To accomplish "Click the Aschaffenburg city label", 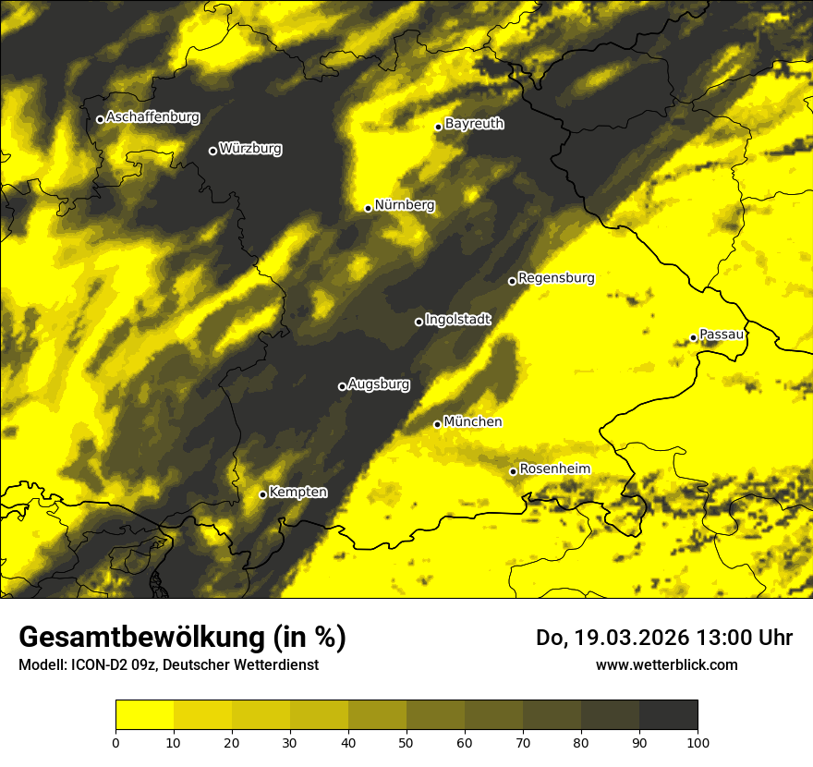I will (152, 117).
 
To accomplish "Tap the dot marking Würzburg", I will (212, 151).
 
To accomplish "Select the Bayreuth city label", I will (474, 124).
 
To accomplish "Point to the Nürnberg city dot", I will (368, 208).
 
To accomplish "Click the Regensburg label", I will (556, 278).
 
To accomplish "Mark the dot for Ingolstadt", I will (419, 322).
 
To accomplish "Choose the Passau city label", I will (722, 335).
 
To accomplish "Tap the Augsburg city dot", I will (342, 386).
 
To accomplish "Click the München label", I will (473, 422).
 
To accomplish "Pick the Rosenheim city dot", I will (513, 471).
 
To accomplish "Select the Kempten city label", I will (297, 493).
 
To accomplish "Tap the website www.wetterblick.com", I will (666, 664).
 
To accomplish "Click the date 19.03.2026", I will (624, 638).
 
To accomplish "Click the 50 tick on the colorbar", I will (406, 741).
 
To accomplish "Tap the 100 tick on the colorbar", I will (698, 741).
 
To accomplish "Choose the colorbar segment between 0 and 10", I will (144, 715).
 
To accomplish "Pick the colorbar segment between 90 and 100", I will (668, 715).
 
